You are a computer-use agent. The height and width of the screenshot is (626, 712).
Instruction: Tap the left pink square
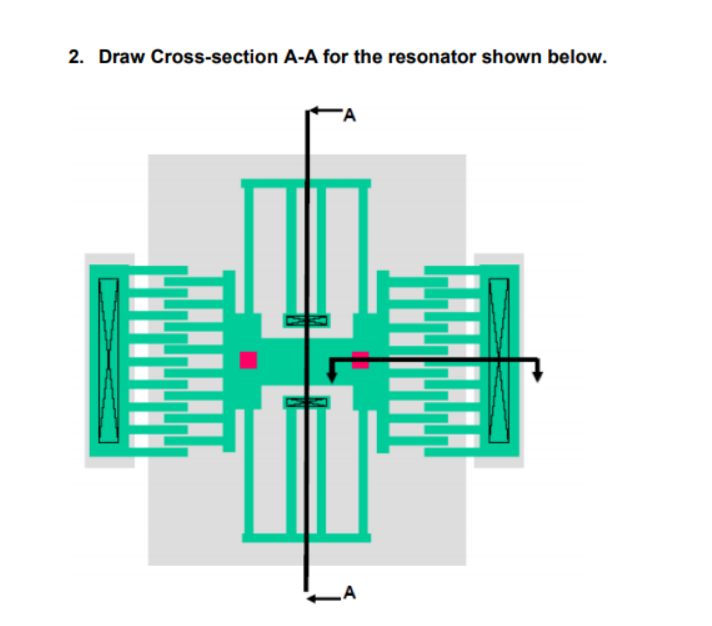(248, 360)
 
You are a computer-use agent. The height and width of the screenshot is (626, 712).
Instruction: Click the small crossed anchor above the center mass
(307, 321)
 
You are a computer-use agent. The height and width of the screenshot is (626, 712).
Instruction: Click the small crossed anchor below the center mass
(307, 402)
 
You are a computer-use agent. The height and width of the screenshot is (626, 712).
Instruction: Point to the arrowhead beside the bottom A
(313, 598)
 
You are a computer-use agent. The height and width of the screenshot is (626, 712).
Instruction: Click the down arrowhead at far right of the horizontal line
(538, 375)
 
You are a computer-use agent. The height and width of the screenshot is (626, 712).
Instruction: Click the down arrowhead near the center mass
(331, 376)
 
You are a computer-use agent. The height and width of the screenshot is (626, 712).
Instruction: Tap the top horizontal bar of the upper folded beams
(306, 184)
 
